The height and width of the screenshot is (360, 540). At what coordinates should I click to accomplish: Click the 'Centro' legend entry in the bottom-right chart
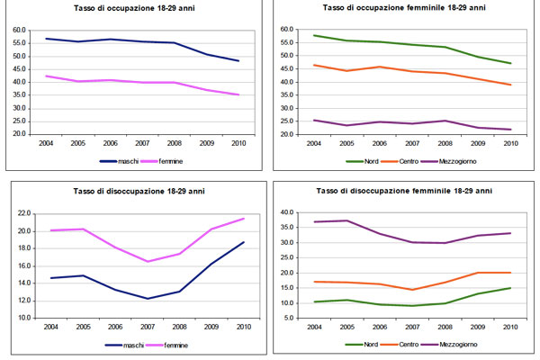click(395, 344)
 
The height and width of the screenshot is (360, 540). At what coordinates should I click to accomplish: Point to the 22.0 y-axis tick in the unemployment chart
click(22, 213)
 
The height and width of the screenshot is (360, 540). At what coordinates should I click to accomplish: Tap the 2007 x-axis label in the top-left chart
click(142, 142)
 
